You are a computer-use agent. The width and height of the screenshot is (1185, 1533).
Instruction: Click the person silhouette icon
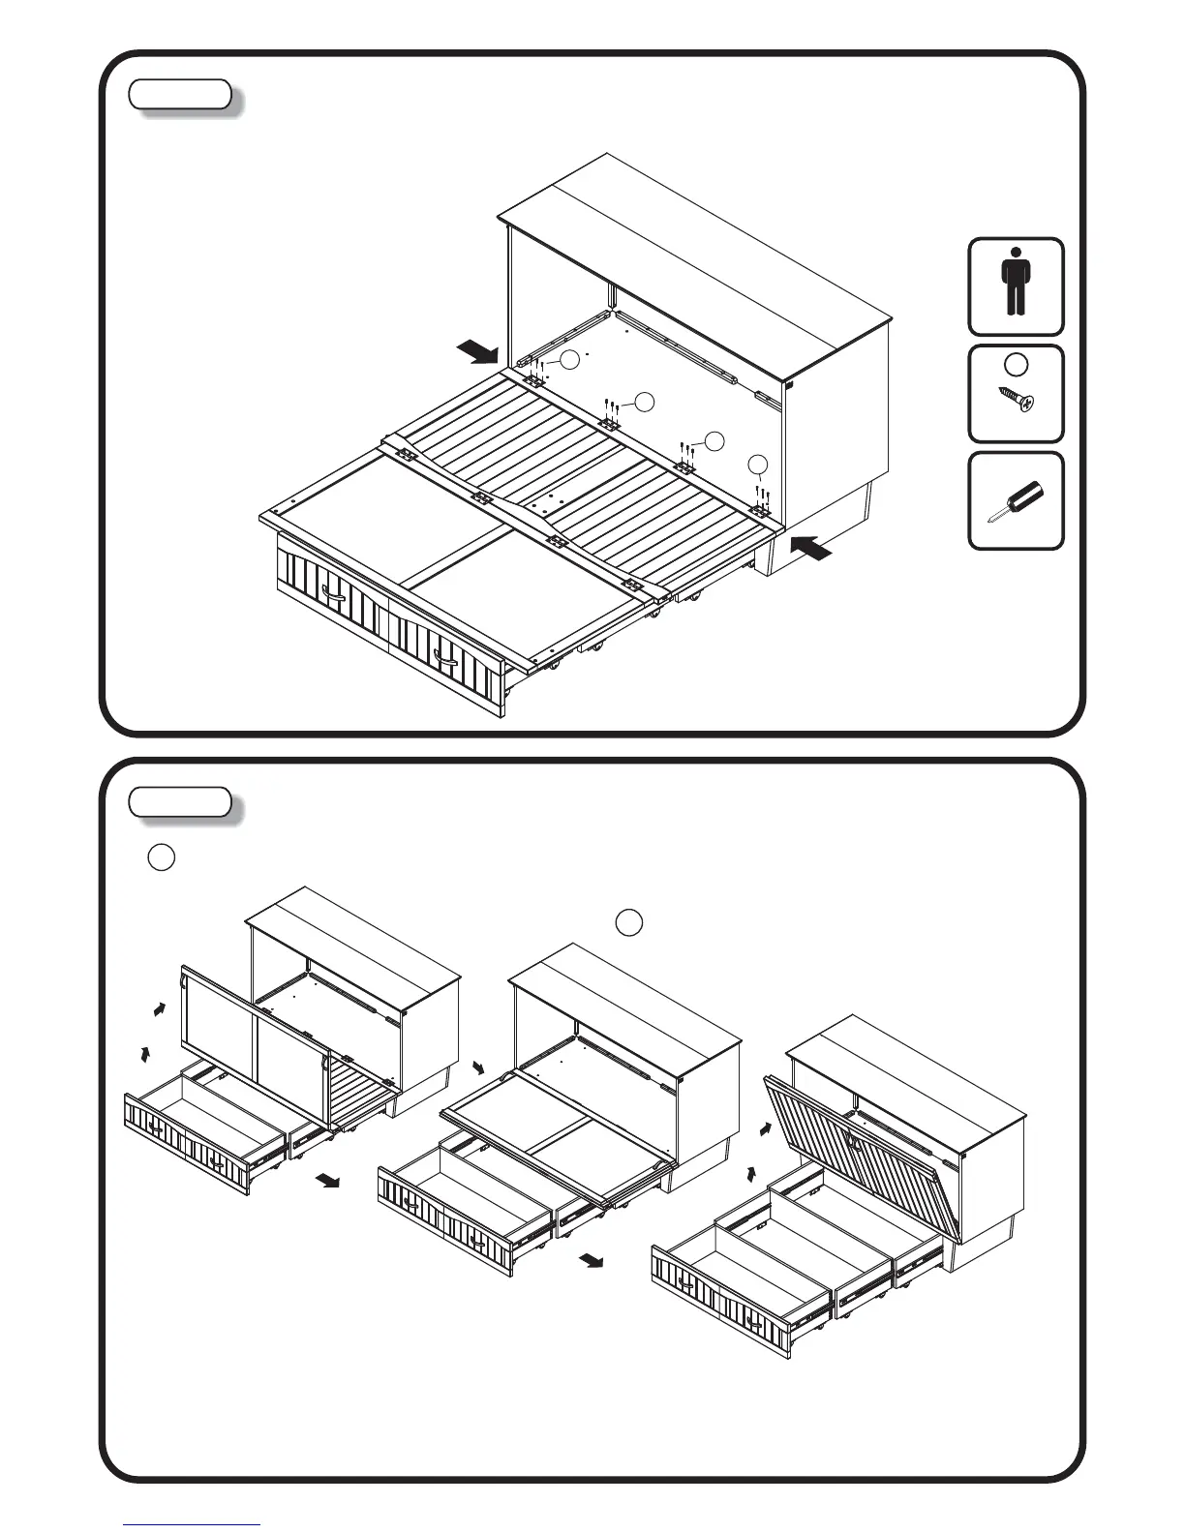(x=1015, y=283)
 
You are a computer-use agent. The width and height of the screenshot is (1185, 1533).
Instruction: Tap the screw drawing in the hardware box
(x=1016, y=399)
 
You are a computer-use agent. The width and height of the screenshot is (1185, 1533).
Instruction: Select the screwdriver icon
(x=1015, y=501)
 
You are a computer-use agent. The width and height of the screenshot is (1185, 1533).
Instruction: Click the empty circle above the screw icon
(x=1016, y=365)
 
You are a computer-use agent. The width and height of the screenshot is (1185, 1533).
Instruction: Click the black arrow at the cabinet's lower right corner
(x=809, y=548)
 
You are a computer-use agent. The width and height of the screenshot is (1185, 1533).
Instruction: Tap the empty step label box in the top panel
(x=181, y=94)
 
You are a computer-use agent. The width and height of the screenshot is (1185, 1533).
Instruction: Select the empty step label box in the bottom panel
(x=181, y=802)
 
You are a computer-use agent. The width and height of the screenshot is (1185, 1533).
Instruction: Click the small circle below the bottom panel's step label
(x=162, y=857)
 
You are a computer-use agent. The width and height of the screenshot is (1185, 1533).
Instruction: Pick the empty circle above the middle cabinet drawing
(x=629, y=922)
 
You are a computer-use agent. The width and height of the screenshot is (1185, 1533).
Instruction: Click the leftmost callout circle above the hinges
(x=570, y=359)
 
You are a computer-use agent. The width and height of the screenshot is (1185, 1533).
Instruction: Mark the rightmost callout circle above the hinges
(x=760, y=465)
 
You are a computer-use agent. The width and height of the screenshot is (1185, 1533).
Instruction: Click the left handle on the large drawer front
(x=334, y=598)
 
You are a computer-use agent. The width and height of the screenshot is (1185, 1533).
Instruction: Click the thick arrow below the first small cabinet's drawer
(x=327, y=1181)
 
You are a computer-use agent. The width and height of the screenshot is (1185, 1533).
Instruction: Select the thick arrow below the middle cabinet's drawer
(x=592, y=1260)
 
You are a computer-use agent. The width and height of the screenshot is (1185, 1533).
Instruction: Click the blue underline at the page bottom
(x=193, y=1524)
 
